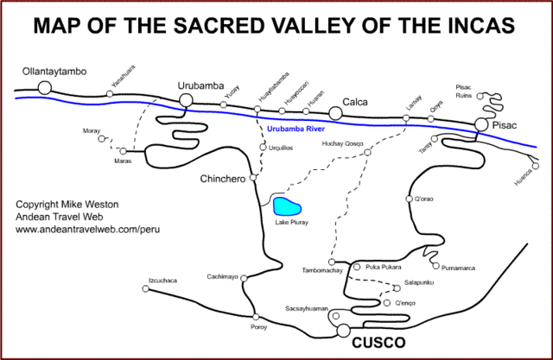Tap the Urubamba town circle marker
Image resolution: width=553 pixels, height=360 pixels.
click(x=185, y=101)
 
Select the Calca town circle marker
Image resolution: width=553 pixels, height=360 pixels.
click(x=334, y=112)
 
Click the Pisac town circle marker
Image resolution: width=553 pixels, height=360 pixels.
click(x=481, y=127)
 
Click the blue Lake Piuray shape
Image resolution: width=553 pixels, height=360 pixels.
click(x=287, y=206)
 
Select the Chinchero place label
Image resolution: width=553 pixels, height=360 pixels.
click(x=224, y=179)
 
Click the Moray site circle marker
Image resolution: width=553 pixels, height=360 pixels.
click(x=104, y=138)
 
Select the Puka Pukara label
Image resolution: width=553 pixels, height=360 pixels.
click(x=385, y=267)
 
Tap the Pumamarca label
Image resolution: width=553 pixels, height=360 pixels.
click(x=457, y=268)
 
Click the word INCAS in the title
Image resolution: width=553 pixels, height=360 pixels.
click(x=480, y=26)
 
